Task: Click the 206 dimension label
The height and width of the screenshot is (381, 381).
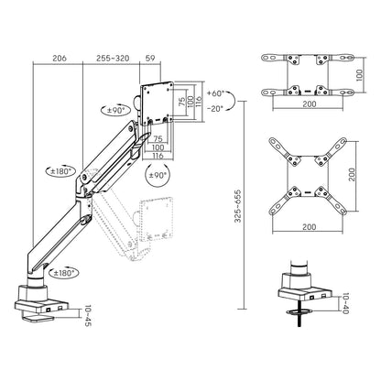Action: pyautogui.click(x=60, y=58)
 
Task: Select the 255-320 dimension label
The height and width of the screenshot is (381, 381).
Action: pyautogui.click(x=113, y=58)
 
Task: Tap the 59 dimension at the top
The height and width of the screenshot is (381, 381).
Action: pyautogui.click(x=150, y=58)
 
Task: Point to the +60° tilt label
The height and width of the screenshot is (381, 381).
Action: pyautogui.click(x=215, y=93)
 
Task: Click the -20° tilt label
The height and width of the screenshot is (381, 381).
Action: pyautogui.click(x=215, y=108)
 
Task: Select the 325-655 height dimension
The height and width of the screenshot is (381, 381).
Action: pyautogui.click(x=238, y=206)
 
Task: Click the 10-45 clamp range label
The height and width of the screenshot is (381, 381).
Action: pyautogui.click(x=88, y=316)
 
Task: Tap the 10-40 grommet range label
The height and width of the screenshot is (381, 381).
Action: pyautogui.click(x=345, y=304)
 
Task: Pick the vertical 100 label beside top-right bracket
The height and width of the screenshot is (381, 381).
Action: pyautogui.click(x=359, y=75)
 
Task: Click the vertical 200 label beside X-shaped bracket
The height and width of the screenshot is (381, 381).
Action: pyautogui.click(x=352, y=175)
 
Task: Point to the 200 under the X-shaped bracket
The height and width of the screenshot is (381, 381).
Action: pyautogui.click(x=310, y=227)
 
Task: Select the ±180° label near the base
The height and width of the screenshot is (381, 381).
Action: pyautogui.click(x=63, y=273)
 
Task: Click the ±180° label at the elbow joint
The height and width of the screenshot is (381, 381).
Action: pyautogui.click(x=61, y=171)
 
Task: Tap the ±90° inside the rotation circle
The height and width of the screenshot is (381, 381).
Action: pyautogui.click(x=158, y=175)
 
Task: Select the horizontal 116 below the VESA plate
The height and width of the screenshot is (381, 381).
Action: pyautogui.click(x=158, y=156)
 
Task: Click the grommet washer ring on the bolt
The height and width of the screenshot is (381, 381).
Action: pyautogui.click(x=299, y=311)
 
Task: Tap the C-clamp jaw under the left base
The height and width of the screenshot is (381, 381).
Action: pyautogui.click(x=38, y=318)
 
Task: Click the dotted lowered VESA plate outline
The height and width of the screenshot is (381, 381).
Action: pyautogui.click(x=156, y=218)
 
